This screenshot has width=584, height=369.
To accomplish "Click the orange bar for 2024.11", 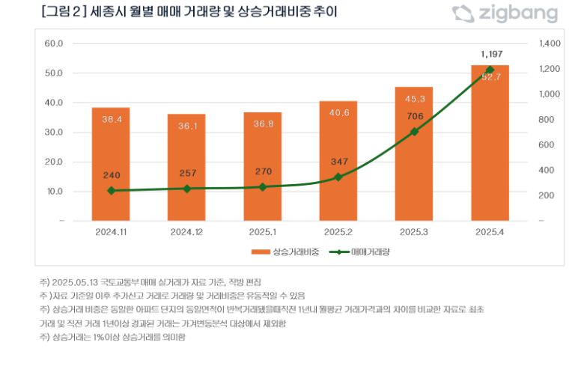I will [x=111, y=165].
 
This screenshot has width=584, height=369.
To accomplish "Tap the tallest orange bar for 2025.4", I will [x=490, y=142].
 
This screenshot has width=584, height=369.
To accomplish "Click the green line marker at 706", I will [x=414, y=132].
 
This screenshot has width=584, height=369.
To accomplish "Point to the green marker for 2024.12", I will [x=186, y=189].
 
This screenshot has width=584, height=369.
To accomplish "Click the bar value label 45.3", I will [x=414, y=99].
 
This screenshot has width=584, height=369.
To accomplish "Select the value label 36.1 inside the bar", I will [x=186, y=126].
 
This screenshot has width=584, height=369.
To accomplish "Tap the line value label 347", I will [x=338, y=162].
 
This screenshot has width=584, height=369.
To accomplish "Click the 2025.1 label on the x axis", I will [x=262, y=232].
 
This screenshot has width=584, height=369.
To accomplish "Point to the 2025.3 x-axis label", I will [x=414, y=232].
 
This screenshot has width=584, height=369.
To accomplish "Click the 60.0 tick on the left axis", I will [x=54, y=43].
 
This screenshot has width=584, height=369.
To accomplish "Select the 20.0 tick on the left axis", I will [x=54, y=162].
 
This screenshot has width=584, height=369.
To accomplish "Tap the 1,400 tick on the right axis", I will [x=550, y=43].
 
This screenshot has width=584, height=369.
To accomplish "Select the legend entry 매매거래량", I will [x=364, y=252].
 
